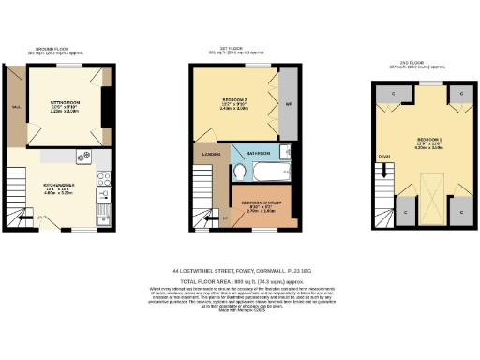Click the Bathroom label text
pyautogui.click(x=258, y=152)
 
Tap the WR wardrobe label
pyautogui.click(x=289, y=104)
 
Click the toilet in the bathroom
pyautogui.click(x=241, y=172)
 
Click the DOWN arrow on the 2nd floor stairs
pyautogui.click(x=384, y=156)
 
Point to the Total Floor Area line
pyautogui.click(x=239, y=281)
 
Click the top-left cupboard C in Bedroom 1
pyautogui.click(x=387, y=96)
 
